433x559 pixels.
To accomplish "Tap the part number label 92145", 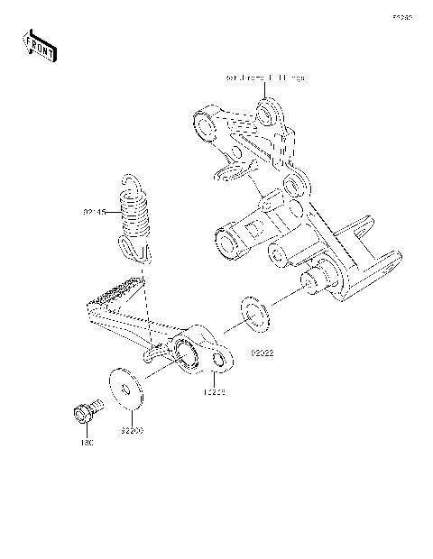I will pos(95,213).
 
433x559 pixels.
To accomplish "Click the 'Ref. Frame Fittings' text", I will pos(264,78).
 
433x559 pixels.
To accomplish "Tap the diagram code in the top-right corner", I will pos(401,16).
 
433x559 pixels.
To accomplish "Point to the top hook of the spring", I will pos(133,183).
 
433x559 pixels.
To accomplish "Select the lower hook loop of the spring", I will pos(131,252).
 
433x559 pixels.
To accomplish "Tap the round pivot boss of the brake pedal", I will pos(188,350).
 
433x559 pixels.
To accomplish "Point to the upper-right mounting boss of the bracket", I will pos(267,114).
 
